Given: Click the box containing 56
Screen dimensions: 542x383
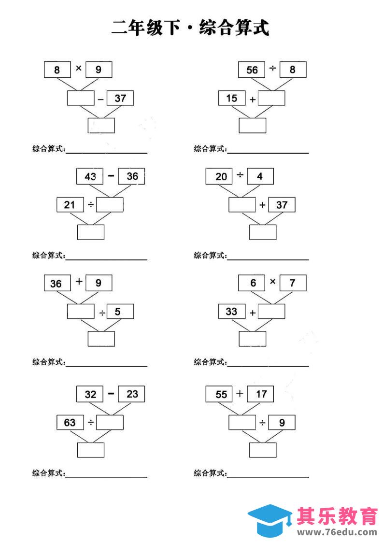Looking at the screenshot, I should (x=252, y=70).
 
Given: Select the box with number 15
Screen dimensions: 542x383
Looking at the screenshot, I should (x=231, y=99).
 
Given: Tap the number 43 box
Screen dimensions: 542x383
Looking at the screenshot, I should (x=90, y=176).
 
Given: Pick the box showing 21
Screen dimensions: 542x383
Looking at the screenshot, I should (x=70, y=205).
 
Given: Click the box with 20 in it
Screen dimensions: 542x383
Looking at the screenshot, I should (x=221, y=176).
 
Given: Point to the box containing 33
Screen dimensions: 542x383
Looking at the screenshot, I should (x=231, y=312).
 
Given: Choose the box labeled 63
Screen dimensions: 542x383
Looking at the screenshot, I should (x=70, y=423).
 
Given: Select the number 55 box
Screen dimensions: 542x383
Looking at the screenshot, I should (x=221, y=394).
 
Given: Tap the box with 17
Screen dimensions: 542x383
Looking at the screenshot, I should (x=261, y=394).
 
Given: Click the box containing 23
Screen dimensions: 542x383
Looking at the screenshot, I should (x=131, y=394).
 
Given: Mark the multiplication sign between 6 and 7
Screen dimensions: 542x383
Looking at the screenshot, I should (x=272, y=282).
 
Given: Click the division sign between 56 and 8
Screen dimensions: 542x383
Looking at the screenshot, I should (x=272, y=69).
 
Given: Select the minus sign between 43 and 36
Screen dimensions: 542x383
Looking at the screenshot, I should (x=111, y=176).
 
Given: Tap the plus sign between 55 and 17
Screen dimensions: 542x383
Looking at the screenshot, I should (x=240, y=393).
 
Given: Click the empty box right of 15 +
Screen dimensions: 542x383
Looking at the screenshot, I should (x=271, y=99).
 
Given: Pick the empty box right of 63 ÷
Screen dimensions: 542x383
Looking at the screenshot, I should (x=110, y=423).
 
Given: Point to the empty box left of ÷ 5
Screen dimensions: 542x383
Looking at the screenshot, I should (x=81, y=312).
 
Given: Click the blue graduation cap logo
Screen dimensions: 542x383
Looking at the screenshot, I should (x=270, y=521).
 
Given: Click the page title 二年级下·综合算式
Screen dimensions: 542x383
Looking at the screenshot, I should (x=190, y=28).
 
